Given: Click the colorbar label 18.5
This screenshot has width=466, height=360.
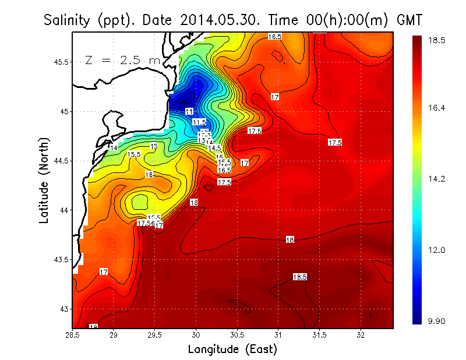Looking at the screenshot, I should point(437,40).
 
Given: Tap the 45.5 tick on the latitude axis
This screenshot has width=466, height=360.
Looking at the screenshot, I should point(60,62).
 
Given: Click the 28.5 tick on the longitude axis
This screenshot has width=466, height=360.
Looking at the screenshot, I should point(72,335).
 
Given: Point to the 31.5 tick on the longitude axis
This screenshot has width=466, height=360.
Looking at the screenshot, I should point(319,335).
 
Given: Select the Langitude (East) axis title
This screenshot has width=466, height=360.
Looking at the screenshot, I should point(232,349).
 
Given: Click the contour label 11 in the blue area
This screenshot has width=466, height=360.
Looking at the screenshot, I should point(189,111).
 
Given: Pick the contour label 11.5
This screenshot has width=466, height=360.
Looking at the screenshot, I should point(199,122).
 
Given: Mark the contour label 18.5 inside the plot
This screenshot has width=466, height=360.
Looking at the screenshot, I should point(300,277).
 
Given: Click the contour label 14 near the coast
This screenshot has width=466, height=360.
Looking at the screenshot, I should point(114,149).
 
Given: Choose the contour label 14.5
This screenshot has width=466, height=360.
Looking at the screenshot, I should point(214,149).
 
